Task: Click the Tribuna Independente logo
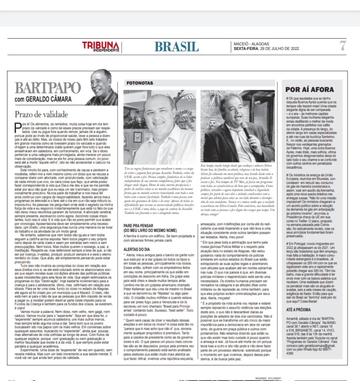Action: [101, 47]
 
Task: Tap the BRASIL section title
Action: [176, 47]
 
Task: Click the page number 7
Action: [343, 46]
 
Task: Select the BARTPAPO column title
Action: [48, 88]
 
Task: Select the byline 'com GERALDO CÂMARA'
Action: [43, 99]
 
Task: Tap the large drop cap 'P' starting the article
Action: [18, 127]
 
